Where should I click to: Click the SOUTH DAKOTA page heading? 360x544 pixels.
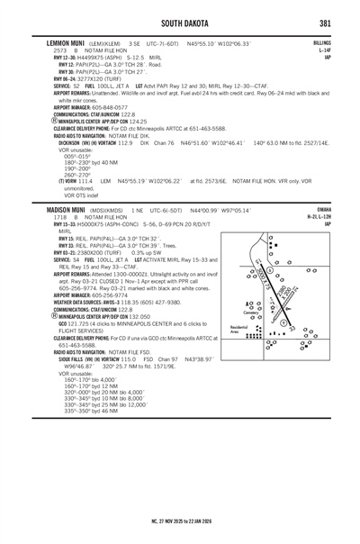180,22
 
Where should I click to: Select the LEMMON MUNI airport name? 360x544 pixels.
65,42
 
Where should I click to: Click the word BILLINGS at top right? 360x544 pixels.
322,42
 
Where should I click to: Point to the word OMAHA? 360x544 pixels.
324,232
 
